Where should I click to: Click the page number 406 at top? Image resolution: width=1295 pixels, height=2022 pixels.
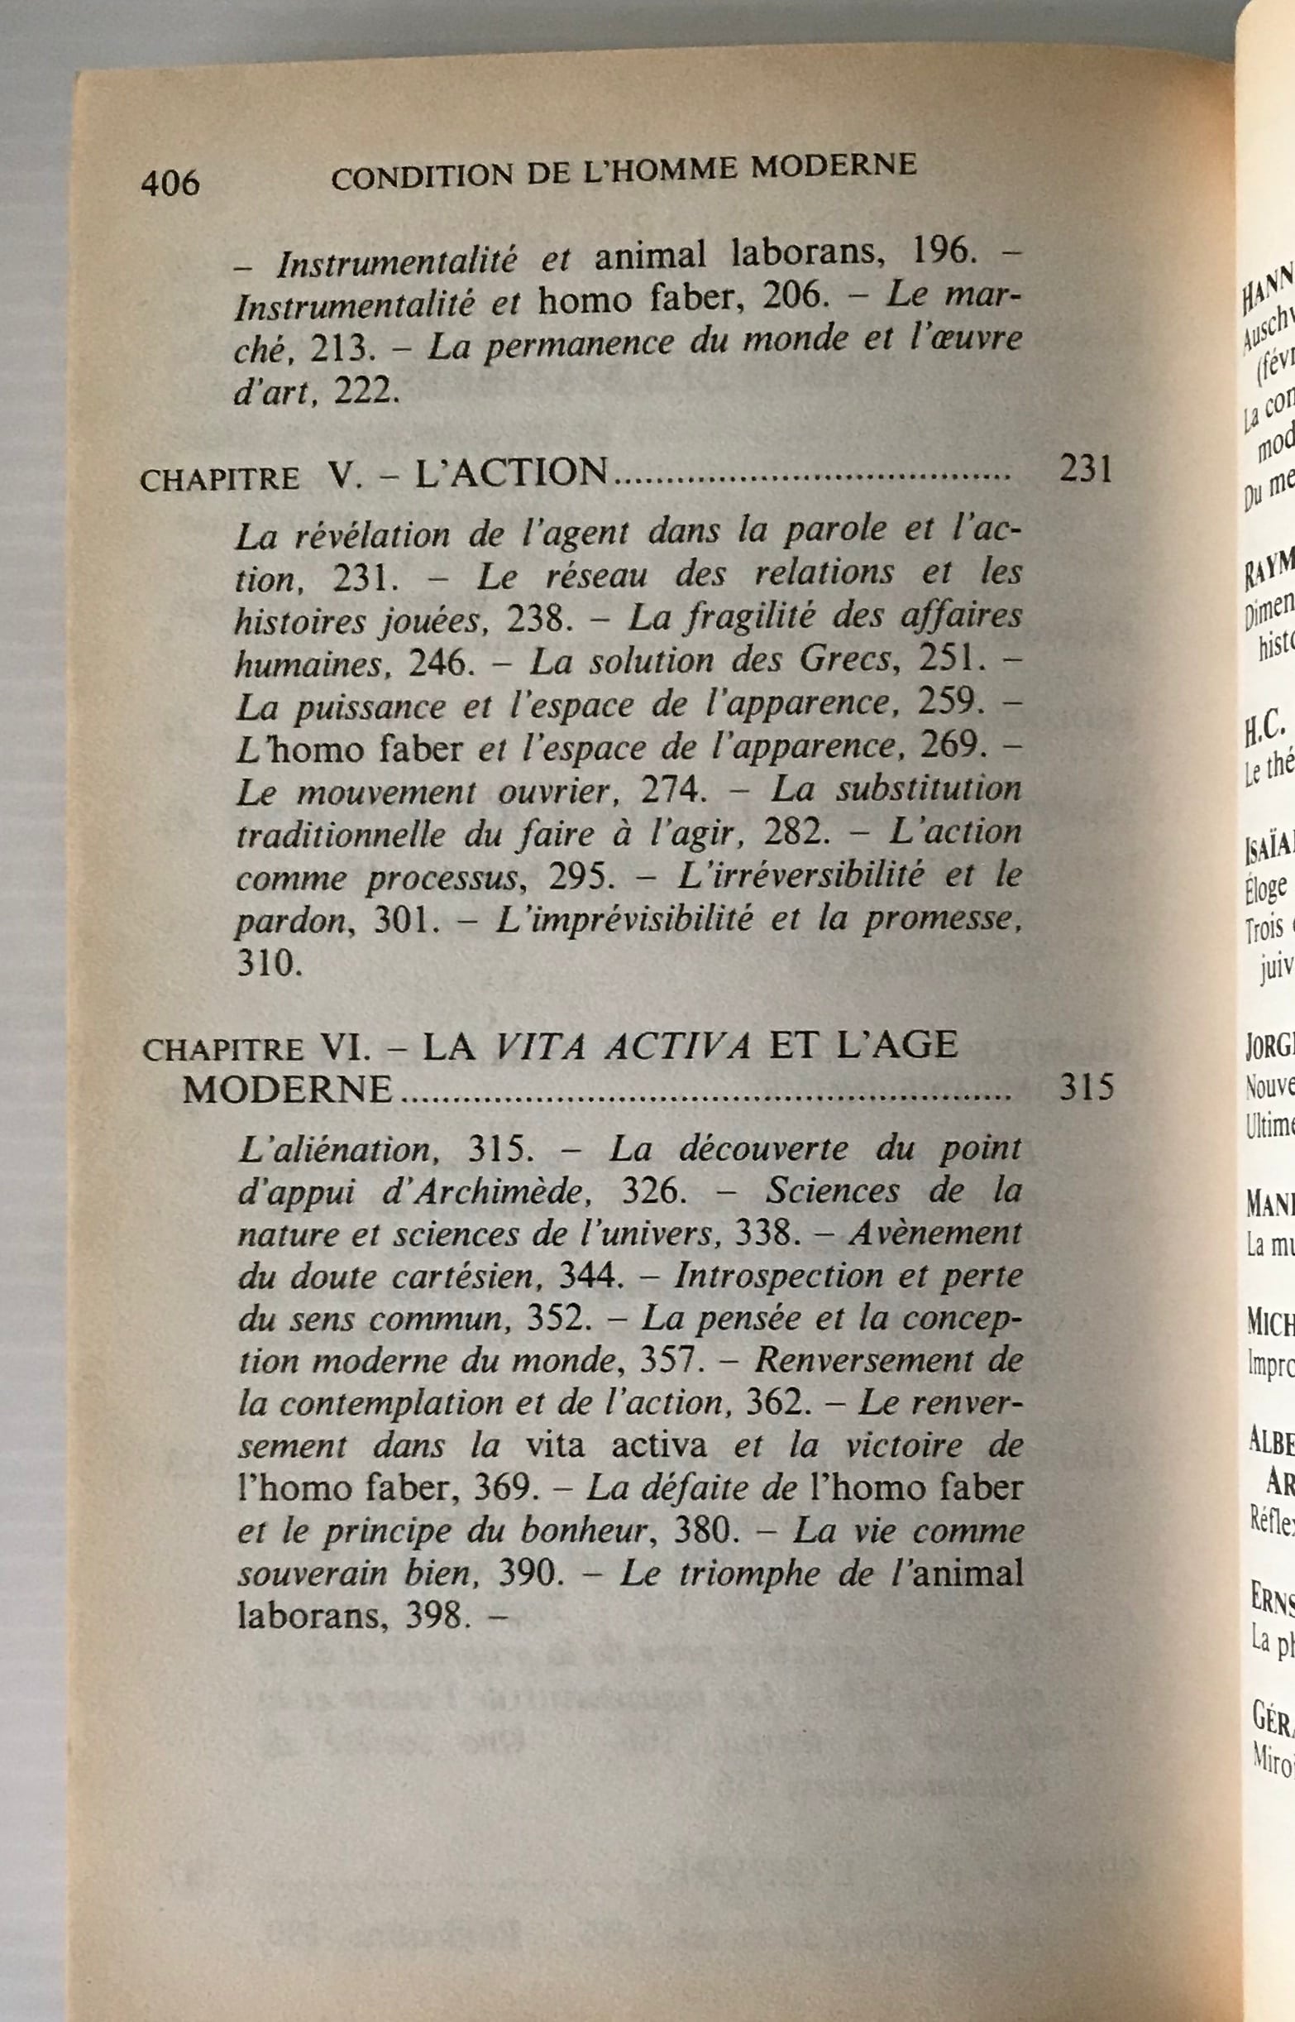(170, 183)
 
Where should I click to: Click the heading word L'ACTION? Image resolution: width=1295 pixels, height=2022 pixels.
(511, 472)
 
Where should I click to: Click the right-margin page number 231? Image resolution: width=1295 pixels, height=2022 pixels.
(1087, 469)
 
